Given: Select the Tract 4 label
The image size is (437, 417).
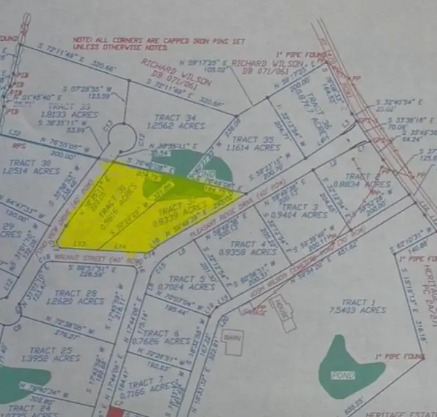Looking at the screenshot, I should [x=243, y=244].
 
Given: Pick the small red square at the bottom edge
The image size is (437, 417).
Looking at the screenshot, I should [x=115, y=411].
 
